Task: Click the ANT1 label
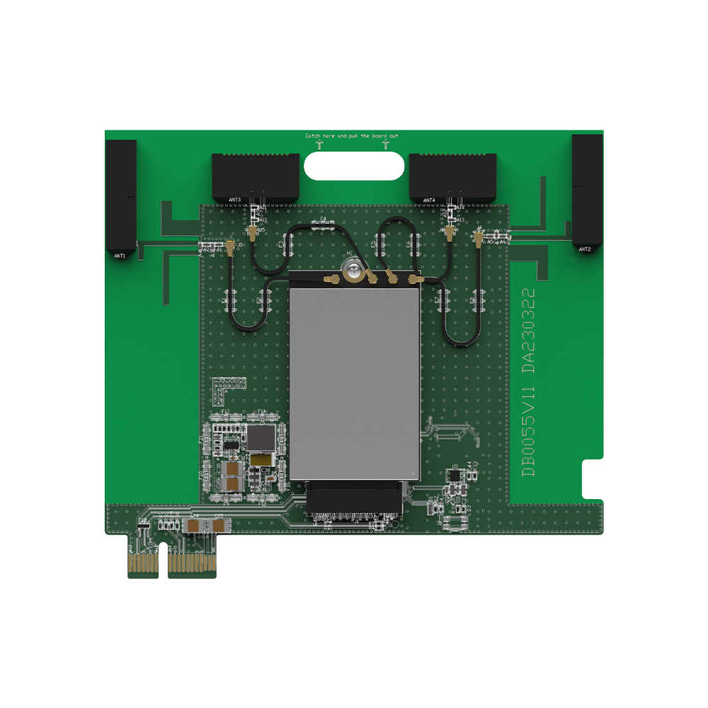click(119, 255)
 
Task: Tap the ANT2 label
click(584, 249)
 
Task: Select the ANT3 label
click(236, 200)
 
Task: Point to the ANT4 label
click(429, 200)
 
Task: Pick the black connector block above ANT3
click(256, 175)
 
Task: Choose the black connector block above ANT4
click(453, 175)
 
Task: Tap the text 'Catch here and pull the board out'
click(352, 135)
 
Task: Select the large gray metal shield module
click(354, 375)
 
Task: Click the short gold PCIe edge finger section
click(144, 563)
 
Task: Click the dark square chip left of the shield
click(262, 438)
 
